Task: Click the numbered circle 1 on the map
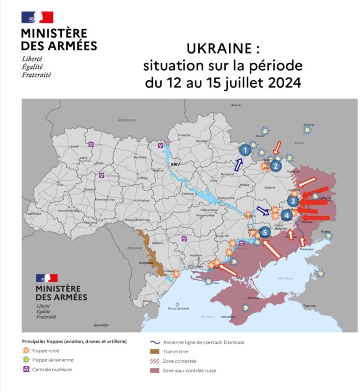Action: pos(246,149)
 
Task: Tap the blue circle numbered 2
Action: pos(276,166)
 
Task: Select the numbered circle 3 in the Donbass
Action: pos(293,201)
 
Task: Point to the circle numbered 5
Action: pos(265,232)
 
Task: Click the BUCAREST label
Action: pos(101,325)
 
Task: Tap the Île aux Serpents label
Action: pos(179,308)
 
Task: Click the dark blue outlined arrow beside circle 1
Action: pos(239,164)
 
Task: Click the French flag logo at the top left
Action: pos(37,18)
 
